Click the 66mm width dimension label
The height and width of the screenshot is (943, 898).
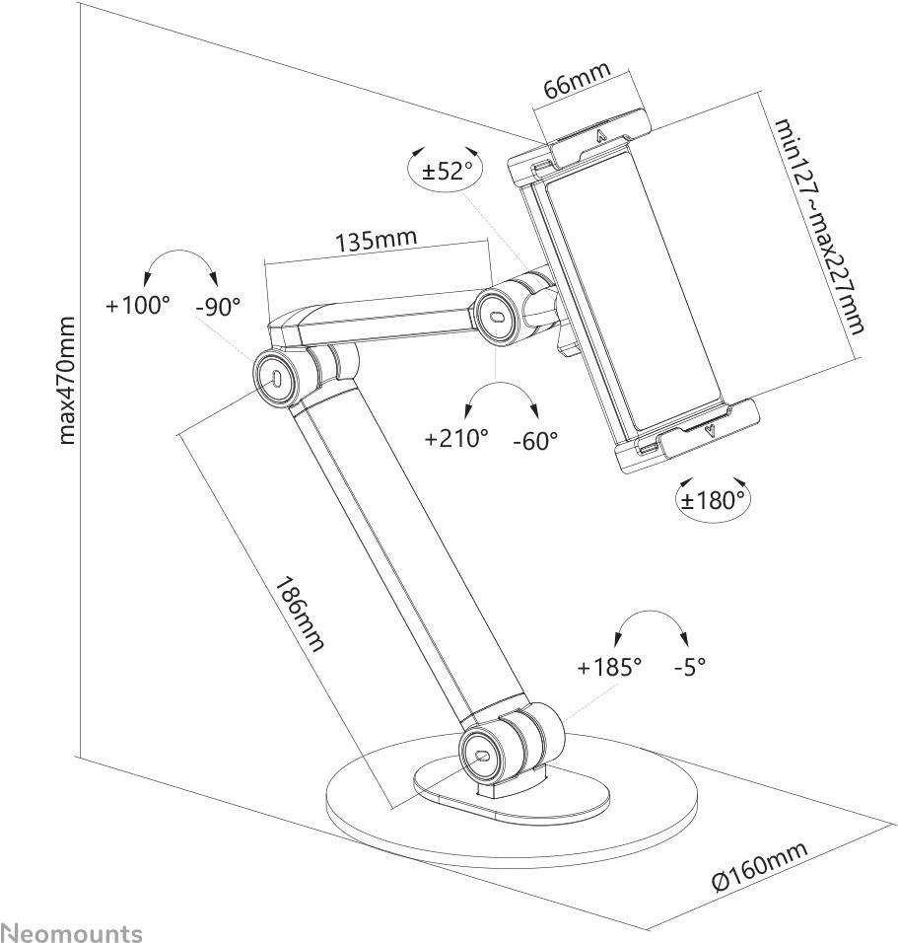pyautogui.click(x=577, y=82)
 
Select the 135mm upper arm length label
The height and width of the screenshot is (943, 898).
pyautogui.click(x=376, y=240)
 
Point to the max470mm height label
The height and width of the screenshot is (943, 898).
pyautogui.click(x=67, y=380)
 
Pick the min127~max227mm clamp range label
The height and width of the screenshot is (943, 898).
pyautogui.click(x=818, y=226)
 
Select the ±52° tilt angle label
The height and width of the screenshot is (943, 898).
pyautogui.click(x=448, y=171)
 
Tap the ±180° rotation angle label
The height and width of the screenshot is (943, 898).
pyautogui.click(x=712, y=499)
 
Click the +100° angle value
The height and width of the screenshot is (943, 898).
pyautogui.click(x=138, y=306)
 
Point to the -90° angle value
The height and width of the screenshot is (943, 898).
pyautogui.click(x=218, y=307)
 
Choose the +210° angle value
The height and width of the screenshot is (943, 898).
pyautogui.click(x=456, y=438)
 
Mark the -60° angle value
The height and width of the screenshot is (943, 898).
pyautogui.click(x=535, y=439)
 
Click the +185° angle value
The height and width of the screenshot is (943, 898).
pyautogui.click(x=609, y=667)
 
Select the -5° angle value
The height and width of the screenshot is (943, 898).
pyautogui.click(x=690, y=667)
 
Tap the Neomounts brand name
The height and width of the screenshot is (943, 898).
pyautogui.click(x=71, y=932)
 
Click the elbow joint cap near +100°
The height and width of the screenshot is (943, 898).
pyautogui.click(x=276, y=379)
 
